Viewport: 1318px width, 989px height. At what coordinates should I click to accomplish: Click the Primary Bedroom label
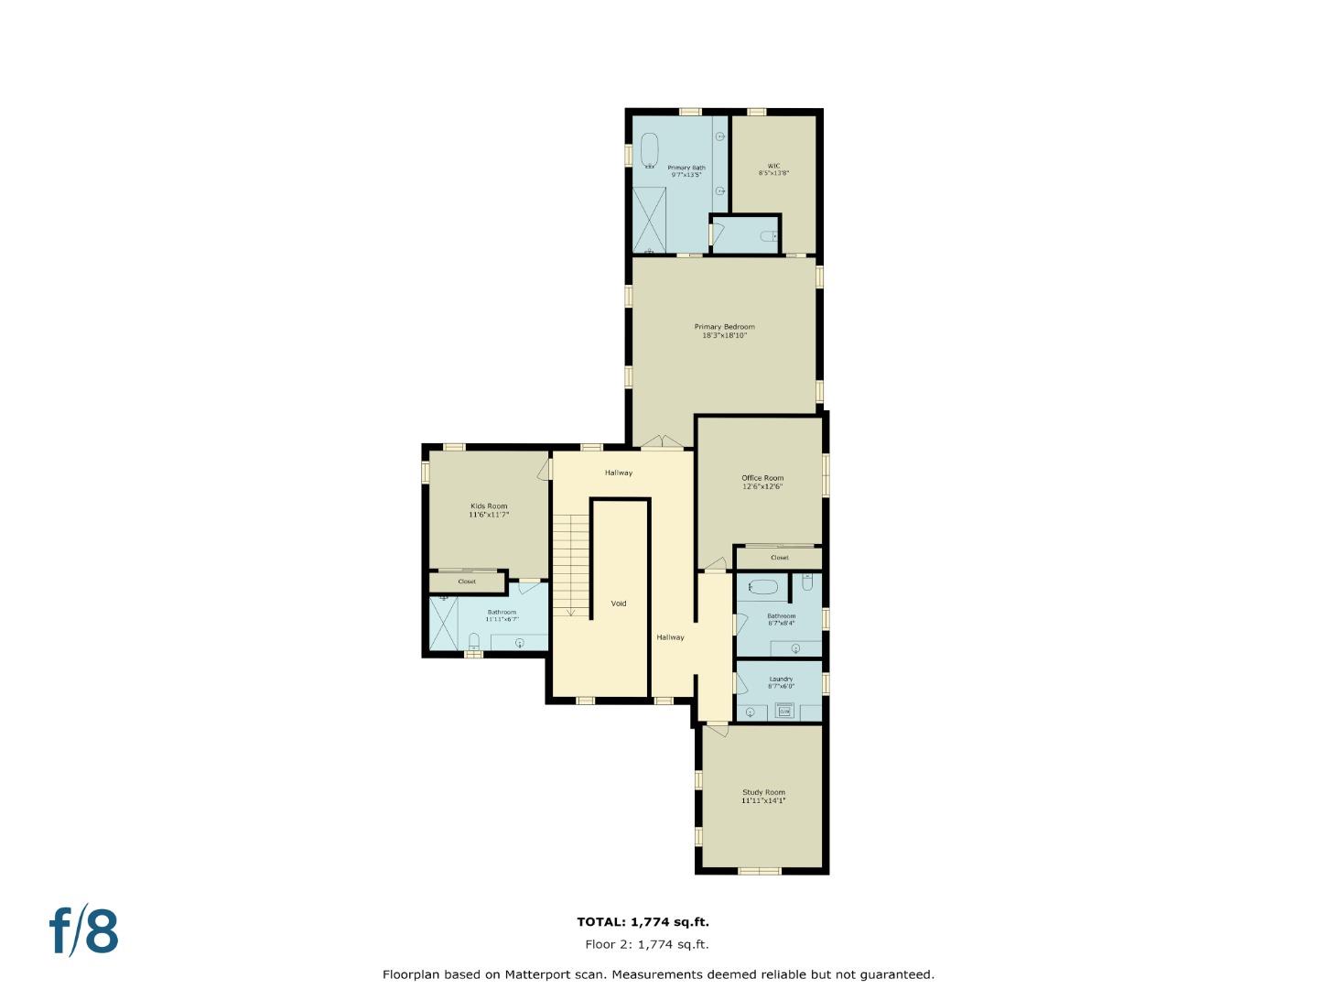[x=724, y=331]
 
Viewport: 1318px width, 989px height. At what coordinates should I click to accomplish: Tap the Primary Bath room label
[x=686, y=170]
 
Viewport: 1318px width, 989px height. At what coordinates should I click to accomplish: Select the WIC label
[x=773, y=169]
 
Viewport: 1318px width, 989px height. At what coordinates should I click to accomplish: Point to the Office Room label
[x=762, y=482]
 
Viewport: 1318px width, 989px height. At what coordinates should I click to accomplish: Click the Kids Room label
[x=489, y=510]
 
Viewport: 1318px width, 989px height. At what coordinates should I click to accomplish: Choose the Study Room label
[x=763, y=796]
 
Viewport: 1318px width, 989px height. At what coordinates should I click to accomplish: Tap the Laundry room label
[x=781, y=682]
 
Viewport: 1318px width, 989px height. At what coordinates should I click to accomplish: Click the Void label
[x=619, y=603]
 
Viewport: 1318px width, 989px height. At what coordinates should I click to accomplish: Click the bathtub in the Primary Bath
[x=649, y=151]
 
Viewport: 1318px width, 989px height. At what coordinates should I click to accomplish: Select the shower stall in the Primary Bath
[x=649, y=219]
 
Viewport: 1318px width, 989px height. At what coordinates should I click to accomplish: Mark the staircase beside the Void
[x=571, y=564]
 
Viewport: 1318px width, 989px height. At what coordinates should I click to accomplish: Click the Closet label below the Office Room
[x=779, y=558]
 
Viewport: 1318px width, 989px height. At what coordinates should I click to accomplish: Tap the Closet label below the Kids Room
[x=467, y=581]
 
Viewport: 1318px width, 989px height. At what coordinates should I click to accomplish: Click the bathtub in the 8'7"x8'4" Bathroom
[x=759, y=586]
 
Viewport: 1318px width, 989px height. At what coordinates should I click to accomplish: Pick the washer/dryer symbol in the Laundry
[x=783, y=710]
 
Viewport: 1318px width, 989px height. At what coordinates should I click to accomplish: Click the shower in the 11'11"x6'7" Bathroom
[x=443, y=623]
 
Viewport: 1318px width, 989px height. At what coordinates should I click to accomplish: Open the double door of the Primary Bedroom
[x=662, y=444]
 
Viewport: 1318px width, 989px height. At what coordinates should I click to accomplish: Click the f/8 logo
[x=83, y=930]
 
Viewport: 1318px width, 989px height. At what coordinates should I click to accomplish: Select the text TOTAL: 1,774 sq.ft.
[x=643, y=922]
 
